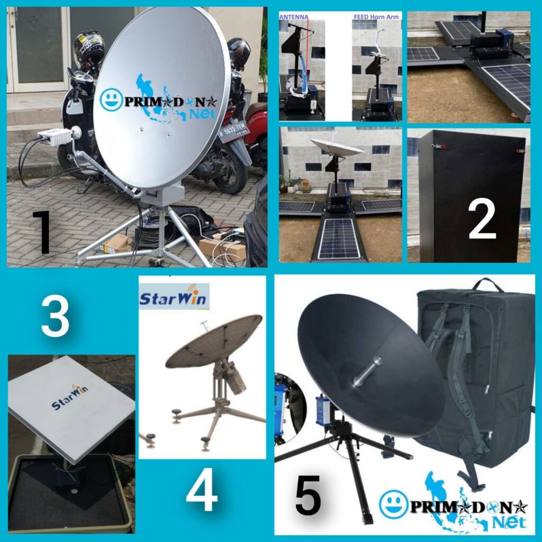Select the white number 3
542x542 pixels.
coord(55,317)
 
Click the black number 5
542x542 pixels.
coord(308,495)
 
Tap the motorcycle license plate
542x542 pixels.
coord(232,133)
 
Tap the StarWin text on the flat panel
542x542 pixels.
coord(70,398)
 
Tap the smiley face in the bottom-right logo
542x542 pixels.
coord(393,503)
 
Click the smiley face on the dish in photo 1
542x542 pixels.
coord(112,100)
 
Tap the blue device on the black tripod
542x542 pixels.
coord(322,410)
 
